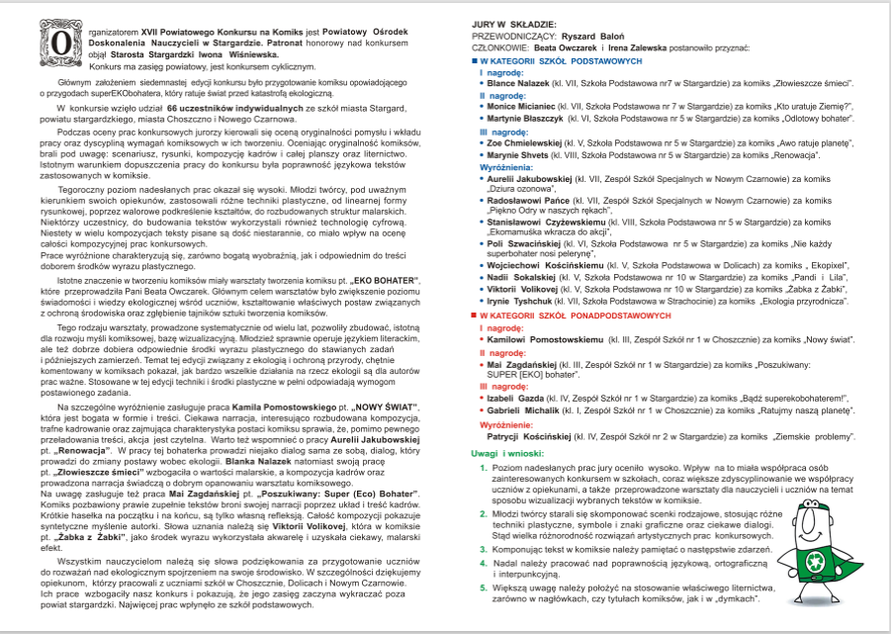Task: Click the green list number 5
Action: tap(484, 589)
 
